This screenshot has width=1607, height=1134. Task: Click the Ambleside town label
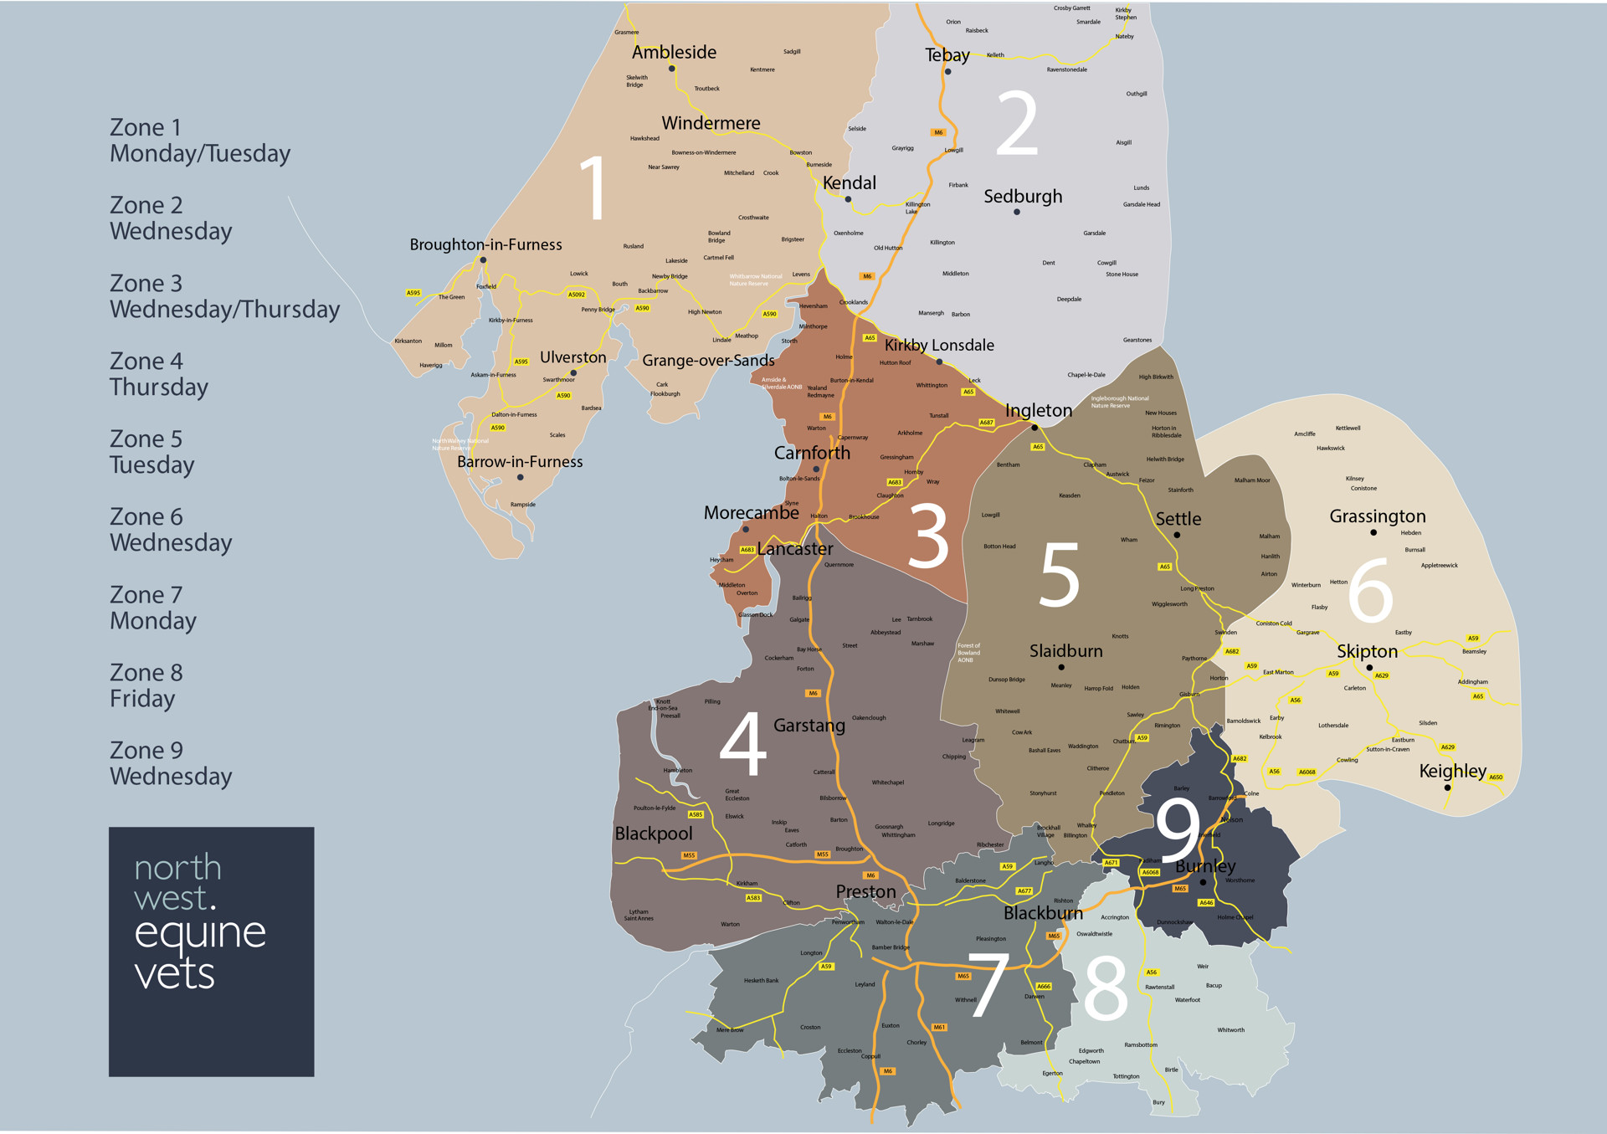[x=674, y=53]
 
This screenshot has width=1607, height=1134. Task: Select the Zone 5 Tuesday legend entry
[x=151, y=452]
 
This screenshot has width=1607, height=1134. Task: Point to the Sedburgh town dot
[x=1017, y=213]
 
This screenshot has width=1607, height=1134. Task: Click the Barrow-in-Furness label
[x=520, y=462]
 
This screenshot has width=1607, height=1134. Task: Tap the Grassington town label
[x=1377, y=516]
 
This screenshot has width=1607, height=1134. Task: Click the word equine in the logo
[x=200, y=933]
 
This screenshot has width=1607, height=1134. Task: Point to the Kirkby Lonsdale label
[x=939, y=346]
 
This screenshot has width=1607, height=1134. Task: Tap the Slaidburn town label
[x=1065, y=651]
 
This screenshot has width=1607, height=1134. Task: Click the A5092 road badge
[x=576, y=295]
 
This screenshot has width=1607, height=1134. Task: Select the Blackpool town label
[x=654, y=834]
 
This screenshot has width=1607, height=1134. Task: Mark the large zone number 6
[x=1370, y=591]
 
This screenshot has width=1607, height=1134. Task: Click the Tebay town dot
[x=947, y=72]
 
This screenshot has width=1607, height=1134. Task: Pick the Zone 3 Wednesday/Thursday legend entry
[x=224, y=296]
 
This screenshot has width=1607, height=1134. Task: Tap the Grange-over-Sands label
[x=708, y=361]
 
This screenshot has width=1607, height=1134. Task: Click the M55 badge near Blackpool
[x=689, y=855]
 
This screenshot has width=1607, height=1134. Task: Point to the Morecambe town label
[x=751, y=513]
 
